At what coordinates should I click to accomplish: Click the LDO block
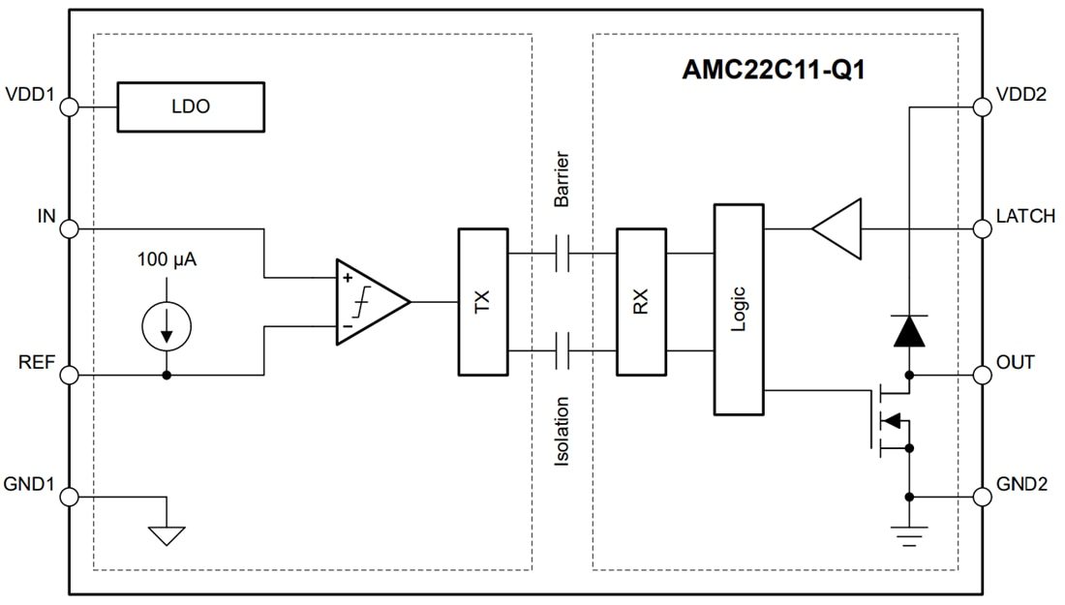coord(190,106)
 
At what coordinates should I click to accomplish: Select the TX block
coord(482,302)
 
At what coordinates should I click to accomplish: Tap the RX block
coord(641,302)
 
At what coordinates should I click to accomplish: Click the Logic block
coord(738,310)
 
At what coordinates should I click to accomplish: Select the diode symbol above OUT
coord(908,332)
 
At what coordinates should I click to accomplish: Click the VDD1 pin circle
coord(69,106)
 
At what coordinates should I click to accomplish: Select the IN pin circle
coord(69,229)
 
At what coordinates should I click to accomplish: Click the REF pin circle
coord(69,375)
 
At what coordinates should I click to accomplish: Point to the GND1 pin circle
coord(69,497)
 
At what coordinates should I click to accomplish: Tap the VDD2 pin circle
coord(983,106)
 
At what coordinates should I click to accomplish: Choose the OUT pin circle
coord(983,375)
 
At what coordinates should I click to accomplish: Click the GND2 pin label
coord(1025,483)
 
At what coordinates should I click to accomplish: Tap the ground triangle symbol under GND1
coord(167,533)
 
